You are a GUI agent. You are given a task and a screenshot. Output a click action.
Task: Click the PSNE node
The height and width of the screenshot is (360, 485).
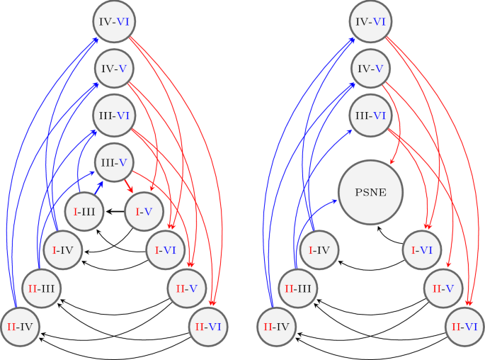372,193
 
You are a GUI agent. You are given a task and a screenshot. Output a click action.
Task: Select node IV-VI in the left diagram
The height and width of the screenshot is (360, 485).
114,23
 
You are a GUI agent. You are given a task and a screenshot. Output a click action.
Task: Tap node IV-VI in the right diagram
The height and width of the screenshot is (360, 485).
370,23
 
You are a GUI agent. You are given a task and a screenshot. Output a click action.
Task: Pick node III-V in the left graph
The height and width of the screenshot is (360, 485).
114,162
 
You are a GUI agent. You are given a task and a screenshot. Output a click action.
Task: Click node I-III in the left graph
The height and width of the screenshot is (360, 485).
84,211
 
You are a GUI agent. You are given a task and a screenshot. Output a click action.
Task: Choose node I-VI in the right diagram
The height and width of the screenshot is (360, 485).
423,250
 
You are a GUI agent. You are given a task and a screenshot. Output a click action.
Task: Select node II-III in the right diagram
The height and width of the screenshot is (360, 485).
297,288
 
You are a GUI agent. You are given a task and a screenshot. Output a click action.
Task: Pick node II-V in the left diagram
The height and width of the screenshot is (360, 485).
187,288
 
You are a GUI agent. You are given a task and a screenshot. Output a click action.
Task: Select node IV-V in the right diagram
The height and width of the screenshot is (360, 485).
370,69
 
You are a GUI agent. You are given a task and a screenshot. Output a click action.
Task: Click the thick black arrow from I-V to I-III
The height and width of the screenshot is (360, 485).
114,211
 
